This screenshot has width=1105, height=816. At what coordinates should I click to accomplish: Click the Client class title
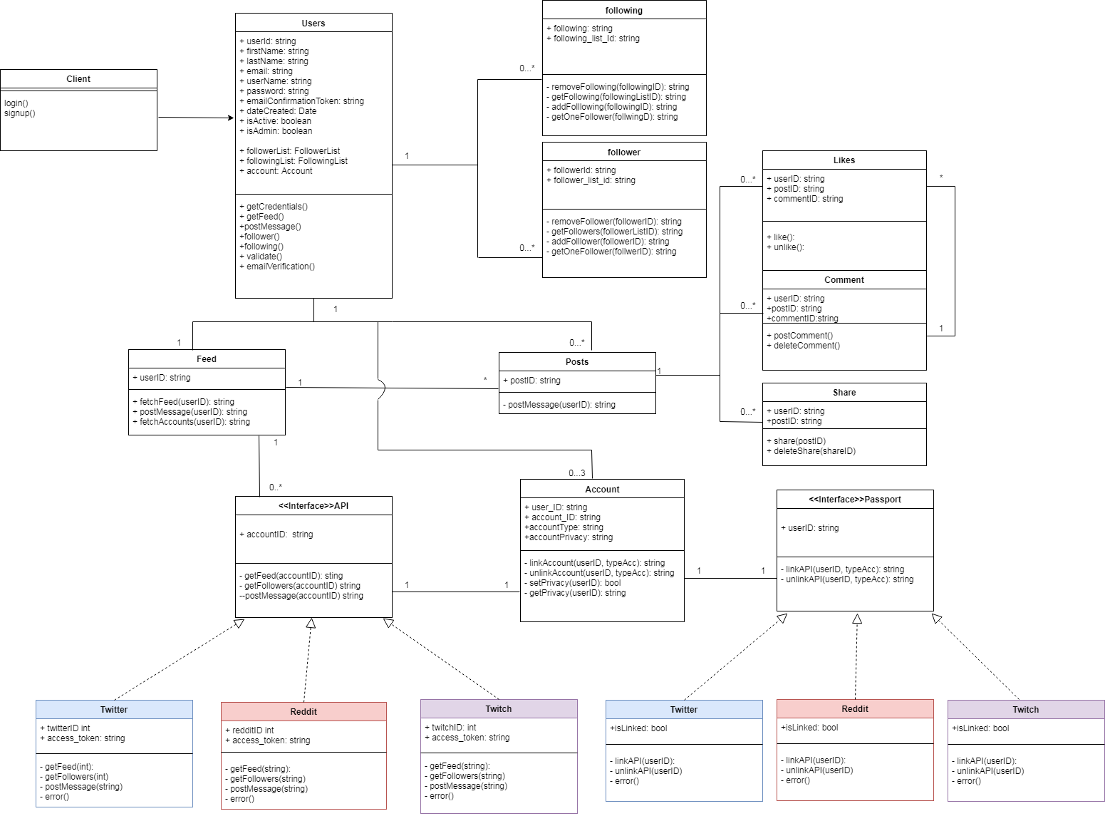pos(78,79)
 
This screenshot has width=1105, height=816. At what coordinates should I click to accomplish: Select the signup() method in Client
pos(19,113)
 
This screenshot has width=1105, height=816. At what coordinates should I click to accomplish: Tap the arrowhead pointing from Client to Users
pos(231,118)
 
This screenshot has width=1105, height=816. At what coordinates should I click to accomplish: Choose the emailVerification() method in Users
pos(277,267)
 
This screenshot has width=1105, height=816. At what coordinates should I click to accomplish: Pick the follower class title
pos(623,153)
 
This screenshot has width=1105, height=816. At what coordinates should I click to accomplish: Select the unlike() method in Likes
pos(785,247)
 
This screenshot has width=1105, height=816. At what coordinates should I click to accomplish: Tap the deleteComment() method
pos(803,346)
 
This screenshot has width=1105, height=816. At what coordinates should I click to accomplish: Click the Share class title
pos(844,393)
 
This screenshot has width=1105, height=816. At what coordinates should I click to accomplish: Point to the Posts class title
pos(577,363)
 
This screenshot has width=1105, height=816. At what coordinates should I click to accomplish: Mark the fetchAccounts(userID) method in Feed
pos(192,422)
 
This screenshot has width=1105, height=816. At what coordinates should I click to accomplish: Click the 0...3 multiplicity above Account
pos(577,473)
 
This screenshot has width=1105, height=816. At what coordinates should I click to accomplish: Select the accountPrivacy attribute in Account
pos(569,538)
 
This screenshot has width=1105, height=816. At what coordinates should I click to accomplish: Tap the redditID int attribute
pos(249,730)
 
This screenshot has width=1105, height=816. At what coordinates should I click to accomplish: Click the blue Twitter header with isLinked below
pos(683,710)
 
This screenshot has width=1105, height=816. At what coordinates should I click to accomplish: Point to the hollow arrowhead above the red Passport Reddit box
pos(857,619)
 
